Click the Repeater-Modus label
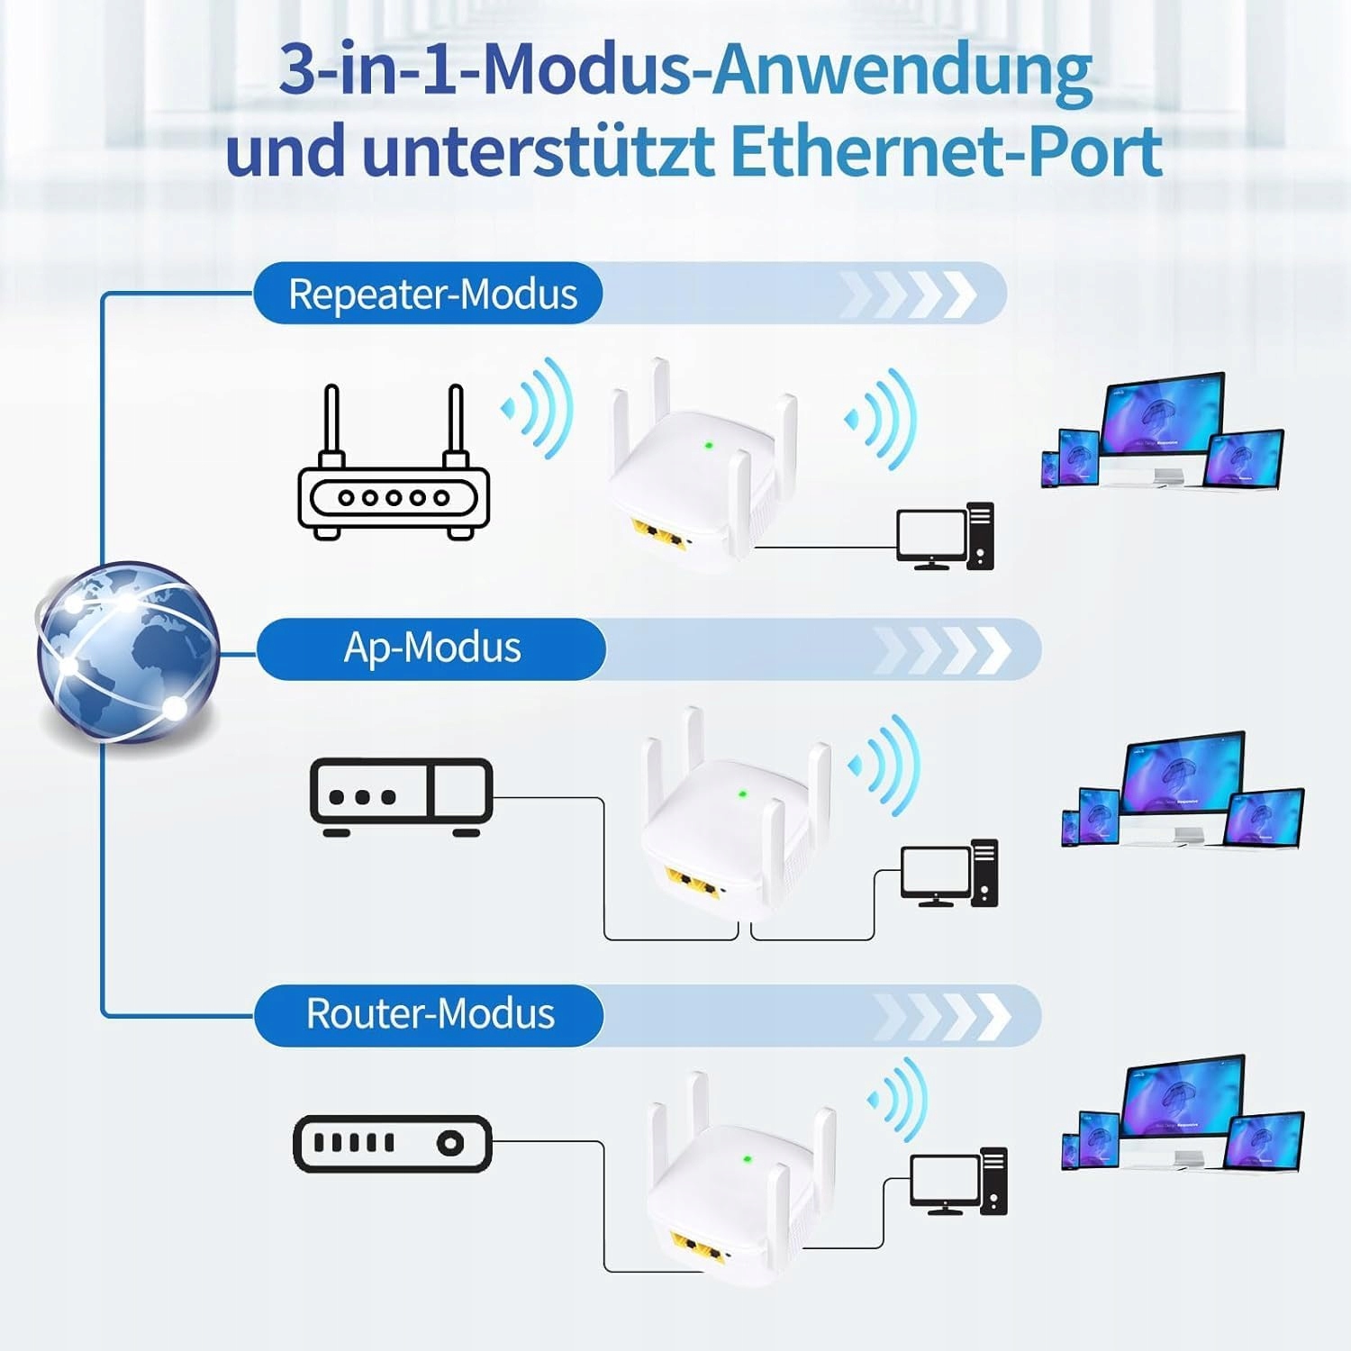[432, 295]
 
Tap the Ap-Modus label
[432, 648]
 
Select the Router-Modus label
[431, 1014]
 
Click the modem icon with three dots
[401, 797]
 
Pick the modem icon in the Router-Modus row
[393, 1144]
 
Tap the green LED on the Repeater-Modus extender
[708, 445]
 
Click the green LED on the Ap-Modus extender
[742, 794]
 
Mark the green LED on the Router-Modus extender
[747, 1159]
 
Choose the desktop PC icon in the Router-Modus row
[958, 1182]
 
